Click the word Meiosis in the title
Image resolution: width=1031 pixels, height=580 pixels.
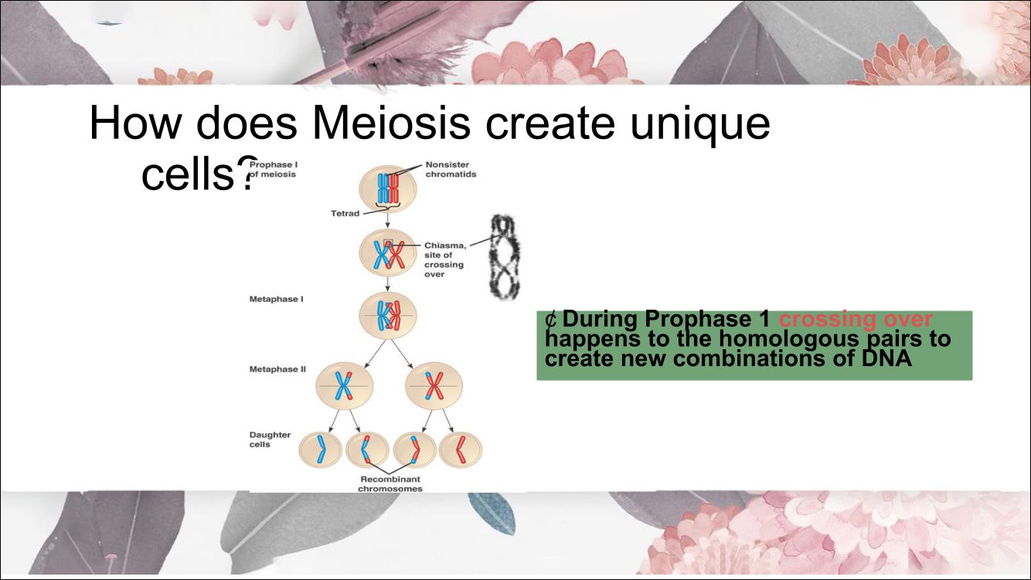tap(391, 124)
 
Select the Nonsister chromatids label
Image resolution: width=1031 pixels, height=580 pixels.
tap(451, 169)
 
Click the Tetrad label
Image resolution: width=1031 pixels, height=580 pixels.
tap(345, 213)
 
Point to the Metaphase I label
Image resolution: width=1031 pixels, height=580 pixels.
tap(276, 300)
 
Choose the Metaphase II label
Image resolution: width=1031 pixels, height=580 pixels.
tap(277, 369)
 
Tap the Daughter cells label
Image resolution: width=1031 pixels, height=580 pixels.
tap(270, 439)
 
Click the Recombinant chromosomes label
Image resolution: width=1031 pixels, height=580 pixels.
tap(390, 484)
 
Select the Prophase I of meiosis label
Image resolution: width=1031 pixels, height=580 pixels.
tap(273, 169)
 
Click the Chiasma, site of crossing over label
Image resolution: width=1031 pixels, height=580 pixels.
tap(445, 259)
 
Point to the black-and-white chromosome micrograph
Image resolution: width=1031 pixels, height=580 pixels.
tap(505, 256)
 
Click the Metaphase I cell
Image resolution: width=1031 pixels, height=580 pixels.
tap(388, 316)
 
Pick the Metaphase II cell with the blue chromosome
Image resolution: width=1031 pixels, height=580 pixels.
tap(344, 386)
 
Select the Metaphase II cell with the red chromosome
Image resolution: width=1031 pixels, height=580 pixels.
tap(434, 386)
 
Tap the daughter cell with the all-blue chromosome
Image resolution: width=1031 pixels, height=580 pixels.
tap(320, 449)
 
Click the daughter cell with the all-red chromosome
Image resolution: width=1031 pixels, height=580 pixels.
tap(461, 449)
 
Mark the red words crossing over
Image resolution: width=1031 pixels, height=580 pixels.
tap(856, 319)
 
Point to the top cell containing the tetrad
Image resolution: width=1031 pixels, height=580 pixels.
tap(388, 189)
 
